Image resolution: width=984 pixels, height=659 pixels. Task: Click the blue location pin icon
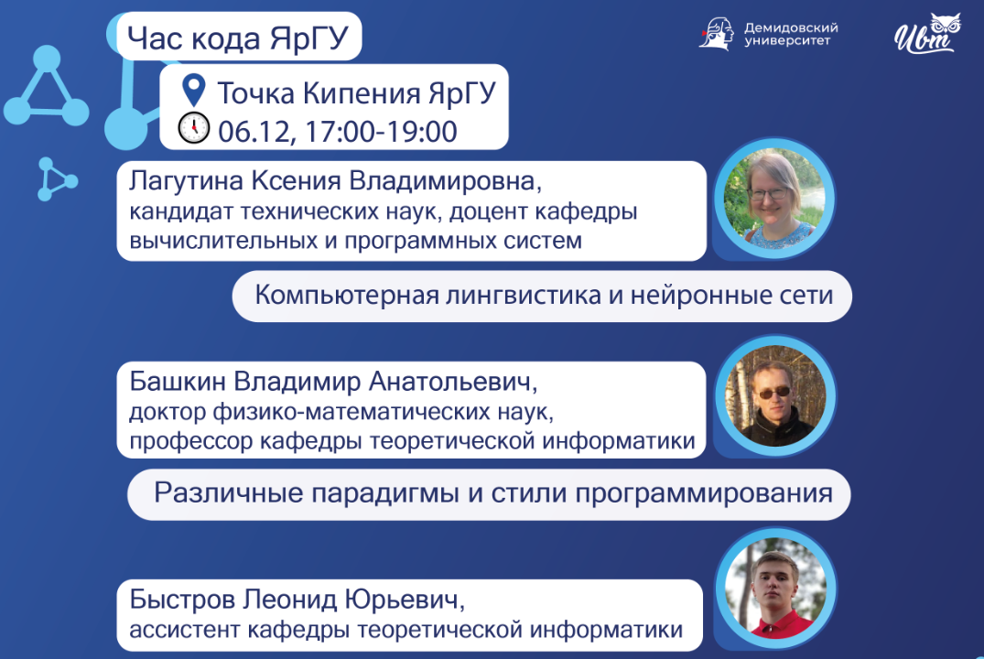tap(193, 92)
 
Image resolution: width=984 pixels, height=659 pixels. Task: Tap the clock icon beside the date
tap(193, 128)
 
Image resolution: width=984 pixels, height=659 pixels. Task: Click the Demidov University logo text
tap(791, 34)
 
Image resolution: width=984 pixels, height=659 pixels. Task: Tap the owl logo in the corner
tap(926, 34)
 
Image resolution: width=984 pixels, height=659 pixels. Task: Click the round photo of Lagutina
tap(774, 199)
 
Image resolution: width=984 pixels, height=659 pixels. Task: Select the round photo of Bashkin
tap(774, 396)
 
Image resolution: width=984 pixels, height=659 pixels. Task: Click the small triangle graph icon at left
tap(56, 179)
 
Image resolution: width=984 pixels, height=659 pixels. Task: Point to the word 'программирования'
tap(705, 493)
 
